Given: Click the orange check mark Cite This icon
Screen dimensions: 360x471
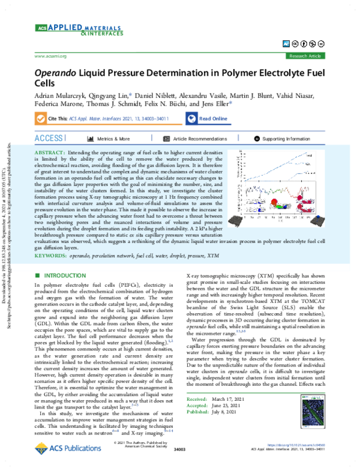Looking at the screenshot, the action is (x=41, y=119).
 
